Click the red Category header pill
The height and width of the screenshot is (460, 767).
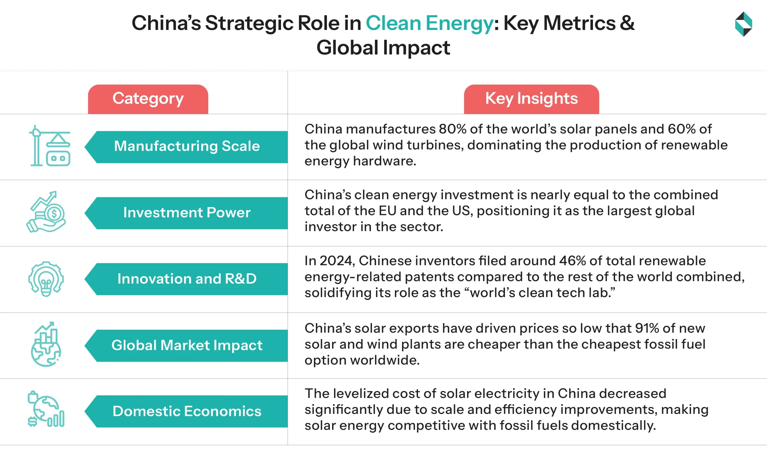[148, 99]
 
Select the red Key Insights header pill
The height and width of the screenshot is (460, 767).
[531, 99]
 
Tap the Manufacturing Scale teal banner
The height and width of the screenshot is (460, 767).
[187, 147]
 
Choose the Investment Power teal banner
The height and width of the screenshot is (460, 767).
[187, 213]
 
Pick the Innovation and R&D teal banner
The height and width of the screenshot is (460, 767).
[187, 279]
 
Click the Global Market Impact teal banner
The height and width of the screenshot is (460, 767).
[187, 345]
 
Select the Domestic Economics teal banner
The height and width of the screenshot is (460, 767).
[187, 411]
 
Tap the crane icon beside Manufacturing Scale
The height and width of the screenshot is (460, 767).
[50, 146]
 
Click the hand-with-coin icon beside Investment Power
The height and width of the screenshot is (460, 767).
[46, 212]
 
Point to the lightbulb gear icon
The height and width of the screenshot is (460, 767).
[46, 279]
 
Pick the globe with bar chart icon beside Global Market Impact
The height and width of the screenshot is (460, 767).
[46, 344]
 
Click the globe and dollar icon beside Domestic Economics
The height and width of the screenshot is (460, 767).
[46, 409]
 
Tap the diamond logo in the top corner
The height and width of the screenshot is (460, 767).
[743, 24]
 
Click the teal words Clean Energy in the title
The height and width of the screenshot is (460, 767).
[429, 24]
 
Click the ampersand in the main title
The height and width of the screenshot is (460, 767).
[627, 24]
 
